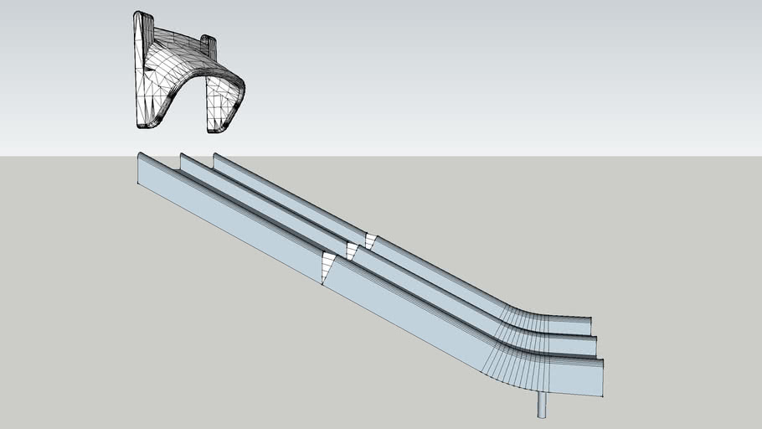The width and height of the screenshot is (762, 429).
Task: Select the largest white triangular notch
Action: pyautogui.click(x=327, y=266)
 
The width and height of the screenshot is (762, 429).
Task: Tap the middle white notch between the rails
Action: pyautogui.click(x=352, y=250)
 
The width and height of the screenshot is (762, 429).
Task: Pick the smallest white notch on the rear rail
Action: pyautogui.click(x=369, y=241)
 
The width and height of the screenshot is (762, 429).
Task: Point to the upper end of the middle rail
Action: pyautogui.click(x=183, y=159)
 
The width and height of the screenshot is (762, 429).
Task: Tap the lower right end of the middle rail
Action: pyautogui.click(x=595, y=343)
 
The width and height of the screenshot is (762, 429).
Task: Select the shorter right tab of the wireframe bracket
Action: pyautogui.click(x=209, y=40)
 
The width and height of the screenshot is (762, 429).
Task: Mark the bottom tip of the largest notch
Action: pyautogui.click(x=323, y=283)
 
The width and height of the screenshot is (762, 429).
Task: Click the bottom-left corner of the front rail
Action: pyautogui.click(x=139, y=182)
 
